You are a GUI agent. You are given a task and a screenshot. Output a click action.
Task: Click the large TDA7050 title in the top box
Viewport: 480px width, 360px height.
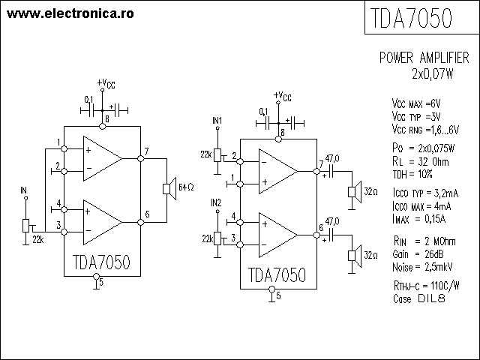coord(411,19)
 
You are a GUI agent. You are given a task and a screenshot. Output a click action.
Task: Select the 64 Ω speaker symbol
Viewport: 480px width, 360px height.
coord(170,186)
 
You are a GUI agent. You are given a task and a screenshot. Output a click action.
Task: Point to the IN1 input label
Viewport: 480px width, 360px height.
coord(217,121)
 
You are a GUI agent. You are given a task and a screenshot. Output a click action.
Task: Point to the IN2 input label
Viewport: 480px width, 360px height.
coord(217,202)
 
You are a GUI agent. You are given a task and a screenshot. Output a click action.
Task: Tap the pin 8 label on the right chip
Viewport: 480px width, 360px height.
coord(281,133)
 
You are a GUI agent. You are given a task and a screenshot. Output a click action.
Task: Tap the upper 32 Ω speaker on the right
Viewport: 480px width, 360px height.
coord(352,190)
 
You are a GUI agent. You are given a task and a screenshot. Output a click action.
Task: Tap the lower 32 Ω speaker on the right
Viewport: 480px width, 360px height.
coord(352,254)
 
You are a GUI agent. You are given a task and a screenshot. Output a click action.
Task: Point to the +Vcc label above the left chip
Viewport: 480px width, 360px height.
coord(106,83)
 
